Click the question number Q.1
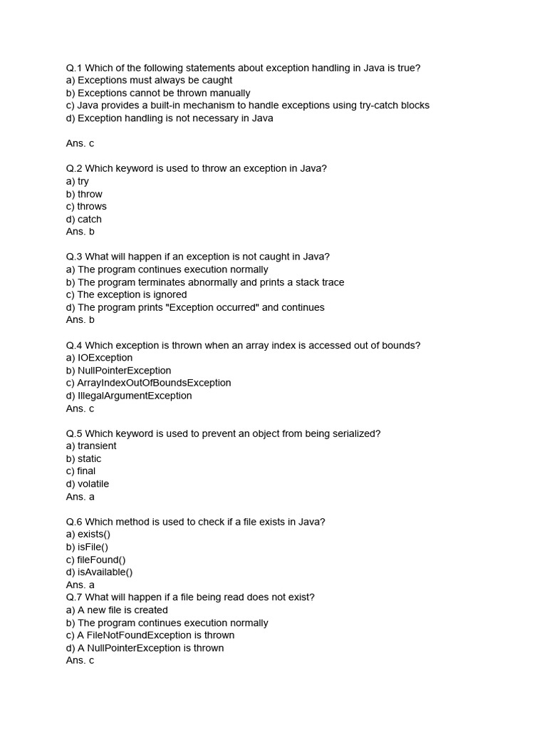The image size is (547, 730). [x=74, y=68]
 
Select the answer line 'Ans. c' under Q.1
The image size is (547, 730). [x=80, y=143]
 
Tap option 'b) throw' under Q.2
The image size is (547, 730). [x=84, y=194]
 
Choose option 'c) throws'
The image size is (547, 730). [x=86, y=207]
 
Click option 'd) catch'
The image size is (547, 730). [x=84, y=220]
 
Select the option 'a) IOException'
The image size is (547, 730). [x=99, y=358]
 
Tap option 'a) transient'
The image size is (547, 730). [x=91, y=446]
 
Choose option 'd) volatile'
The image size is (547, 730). [x=88, y=484]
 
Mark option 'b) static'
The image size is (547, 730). [x=84, y=459]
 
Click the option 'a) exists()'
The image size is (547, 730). [x=88, y=535]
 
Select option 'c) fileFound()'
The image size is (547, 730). [x=95, y=560]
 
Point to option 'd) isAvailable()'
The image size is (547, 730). [x=99, y=572]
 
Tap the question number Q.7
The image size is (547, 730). [x=74, y=597]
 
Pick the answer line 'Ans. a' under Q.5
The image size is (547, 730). [x=80, y=497]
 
